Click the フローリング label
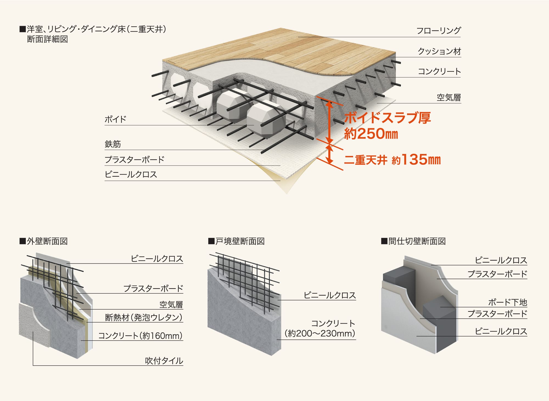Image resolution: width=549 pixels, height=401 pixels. point(438,30)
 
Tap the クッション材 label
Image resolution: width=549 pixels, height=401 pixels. point(439,51)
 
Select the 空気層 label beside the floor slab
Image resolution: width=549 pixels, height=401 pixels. point(449,97)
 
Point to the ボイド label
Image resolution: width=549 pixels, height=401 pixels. point(115,119)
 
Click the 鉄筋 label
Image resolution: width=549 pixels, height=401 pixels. point(113,144)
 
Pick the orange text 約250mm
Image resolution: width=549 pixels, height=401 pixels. point(371,134)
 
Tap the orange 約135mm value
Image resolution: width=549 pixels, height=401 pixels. point(416,160)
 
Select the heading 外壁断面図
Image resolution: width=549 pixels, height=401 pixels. point(44,241)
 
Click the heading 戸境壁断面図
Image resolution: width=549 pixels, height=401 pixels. point(236,241)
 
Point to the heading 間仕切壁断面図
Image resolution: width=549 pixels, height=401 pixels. point(413,241)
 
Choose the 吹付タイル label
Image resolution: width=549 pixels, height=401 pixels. point(164,361)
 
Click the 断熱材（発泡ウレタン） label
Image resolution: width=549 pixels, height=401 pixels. point(144,318)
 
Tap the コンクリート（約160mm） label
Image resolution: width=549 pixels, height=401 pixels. point(140,336)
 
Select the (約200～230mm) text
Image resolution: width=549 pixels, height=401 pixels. point(320,333)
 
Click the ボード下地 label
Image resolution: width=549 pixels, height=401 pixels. point(508,302)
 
